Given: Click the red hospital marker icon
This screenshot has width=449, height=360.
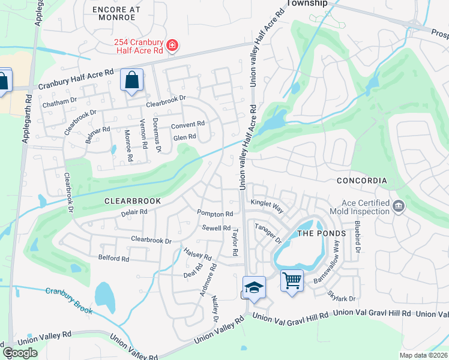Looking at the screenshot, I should tap(172, 46).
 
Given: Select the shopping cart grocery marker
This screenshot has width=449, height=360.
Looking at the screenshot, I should tap(292, 280).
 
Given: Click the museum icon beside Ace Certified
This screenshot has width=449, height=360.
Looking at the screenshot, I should tap(397, 207).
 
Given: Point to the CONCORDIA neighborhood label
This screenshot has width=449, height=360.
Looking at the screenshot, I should tap(361, 181).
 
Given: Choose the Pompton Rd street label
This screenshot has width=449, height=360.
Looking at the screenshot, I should tap(215, 214).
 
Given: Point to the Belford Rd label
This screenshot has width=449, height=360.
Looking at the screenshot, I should tap(113, 259).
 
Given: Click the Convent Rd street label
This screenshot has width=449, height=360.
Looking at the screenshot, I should tap(188, 125).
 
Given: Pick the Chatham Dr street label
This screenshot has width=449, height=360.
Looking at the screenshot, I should tap(60, 103).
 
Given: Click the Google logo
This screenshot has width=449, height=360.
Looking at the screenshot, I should tap(20, 353).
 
